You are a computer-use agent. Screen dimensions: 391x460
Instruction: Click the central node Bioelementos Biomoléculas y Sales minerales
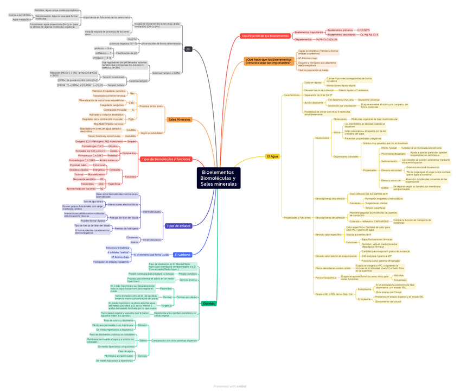pyautogui.click(x=219, y=178)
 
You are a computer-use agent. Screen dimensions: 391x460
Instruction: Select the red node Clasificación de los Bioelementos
pyautogui.click(x=265, y=36)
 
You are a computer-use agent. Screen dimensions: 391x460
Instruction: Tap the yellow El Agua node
pyautogui.click(x=272, y=156)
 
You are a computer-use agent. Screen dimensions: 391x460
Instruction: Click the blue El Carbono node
pyautogui.click(x=182, y=254)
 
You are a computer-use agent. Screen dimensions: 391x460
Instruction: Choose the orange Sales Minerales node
pyautogui.click(x=179, y=119)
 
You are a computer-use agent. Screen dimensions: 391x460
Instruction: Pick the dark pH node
pyautogui.click(x=188, y=49)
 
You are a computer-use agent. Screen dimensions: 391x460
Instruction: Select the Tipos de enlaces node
pyautogui.click(x=178, y=225)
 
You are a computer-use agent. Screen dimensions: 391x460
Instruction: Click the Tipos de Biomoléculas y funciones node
pyautogui.click(x=166, y=159)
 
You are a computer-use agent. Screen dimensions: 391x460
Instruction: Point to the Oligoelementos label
pyautogui.click(x=303, y=40)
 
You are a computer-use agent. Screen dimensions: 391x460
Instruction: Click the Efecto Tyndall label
pyautogui.click(x=389, y=148)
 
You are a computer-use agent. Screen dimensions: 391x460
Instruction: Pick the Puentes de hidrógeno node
pyautogui.click(x=126, y=229)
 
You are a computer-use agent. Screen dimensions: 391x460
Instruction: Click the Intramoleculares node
pyautogui.click(x=152, y=239)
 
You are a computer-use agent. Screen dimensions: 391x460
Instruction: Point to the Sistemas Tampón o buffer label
pyautogui.click(x=166, y=72)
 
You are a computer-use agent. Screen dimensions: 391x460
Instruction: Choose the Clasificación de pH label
pyautogui.click(x=126, y=53)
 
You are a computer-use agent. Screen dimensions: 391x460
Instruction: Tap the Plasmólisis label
pyautogui.click(x=166, y=288)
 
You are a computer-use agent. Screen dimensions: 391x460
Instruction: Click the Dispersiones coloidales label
pyautogui.click(x=346, y=156)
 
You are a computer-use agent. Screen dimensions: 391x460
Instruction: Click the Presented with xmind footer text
pyautogui.click(x=229, y=386)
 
